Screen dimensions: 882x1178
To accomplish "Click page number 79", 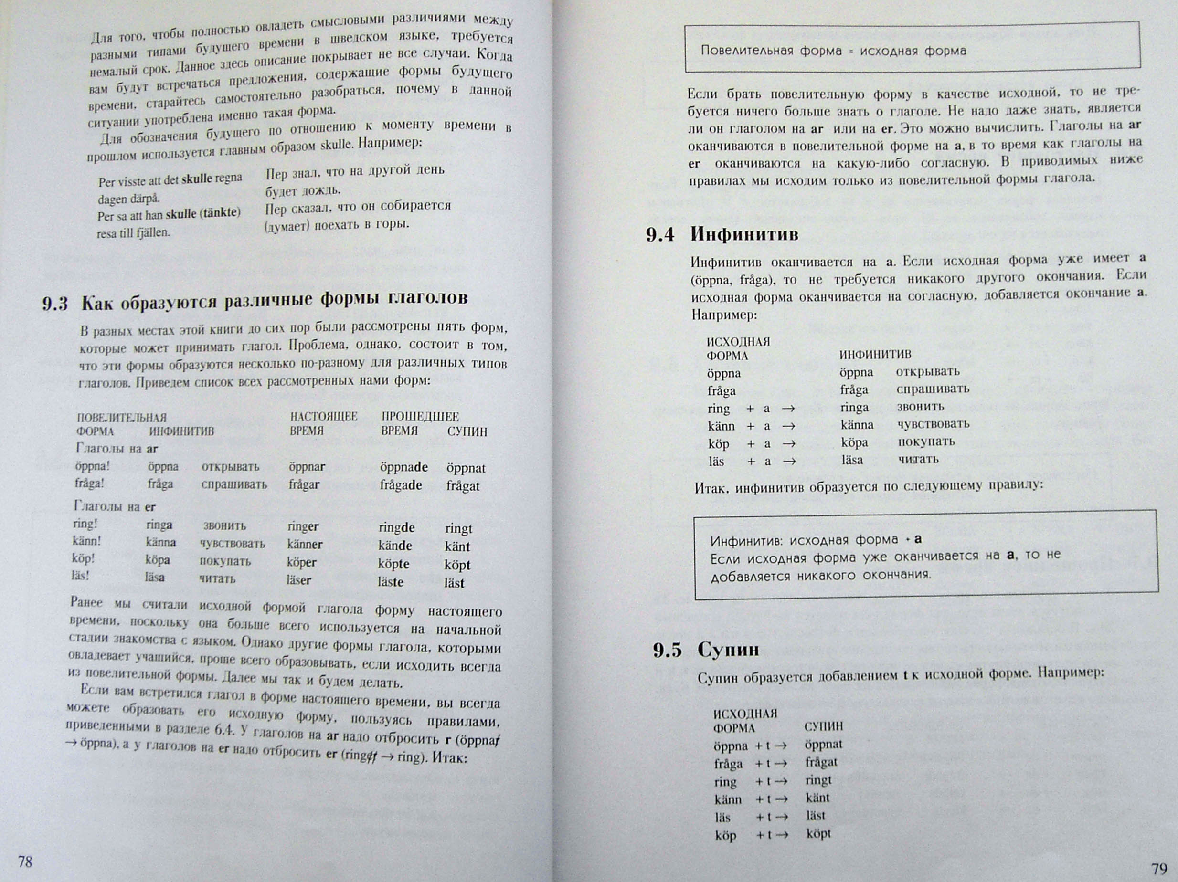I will [1159, 869].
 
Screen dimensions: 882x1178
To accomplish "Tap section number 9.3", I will [55, 304].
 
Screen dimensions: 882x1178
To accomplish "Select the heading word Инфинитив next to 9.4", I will [744, 234].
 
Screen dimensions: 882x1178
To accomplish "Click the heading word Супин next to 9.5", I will [728, 650].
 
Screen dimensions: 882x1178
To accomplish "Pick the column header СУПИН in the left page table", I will [467, 431].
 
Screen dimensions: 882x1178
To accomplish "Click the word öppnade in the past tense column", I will [403, 467].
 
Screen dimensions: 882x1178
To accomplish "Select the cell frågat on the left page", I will [463, 486].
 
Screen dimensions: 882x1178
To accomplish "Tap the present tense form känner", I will [305, 545].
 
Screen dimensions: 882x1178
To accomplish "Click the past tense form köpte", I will [393, 564].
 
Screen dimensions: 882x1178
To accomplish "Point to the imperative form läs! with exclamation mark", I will [80, 576].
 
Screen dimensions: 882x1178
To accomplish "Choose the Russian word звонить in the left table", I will [224, 526].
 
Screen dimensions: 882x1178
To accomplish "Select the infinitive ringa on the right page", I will [855, 408].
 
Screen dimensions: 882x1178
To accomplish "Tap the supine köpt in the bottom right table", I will [818, 834].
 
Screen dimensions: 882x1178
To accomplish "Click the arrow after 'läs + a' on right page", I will [789, 462].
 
